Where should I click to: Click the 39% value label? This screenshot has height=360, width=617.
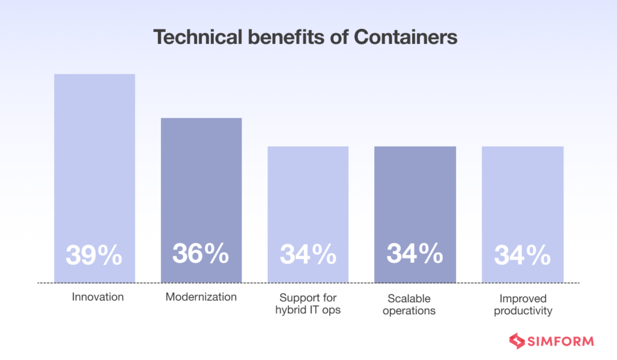(x=94, y=256)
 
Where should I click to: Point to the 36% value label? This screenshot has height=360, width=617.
(x=201, y=254)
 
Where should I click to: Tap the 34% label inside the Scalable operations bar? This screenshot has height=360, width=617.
(x=415, y=254)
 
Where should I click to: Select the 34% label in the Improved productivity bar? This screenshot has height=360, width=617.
(x=522, y=256)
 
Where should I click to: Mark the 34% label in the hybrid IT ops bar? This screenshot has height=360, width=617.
(x=308, y=255)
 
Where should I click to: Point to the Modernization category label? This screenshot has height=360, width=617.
(x=201, y=297)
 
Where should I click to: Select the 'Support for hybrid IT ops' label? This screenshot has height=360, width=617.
(x=308, y=305)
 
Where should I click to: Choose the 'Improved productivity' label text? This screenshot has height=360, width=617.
(x=522, y=305)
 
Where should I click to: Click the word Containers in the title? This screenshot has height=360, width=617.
(x=405, y=37)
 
